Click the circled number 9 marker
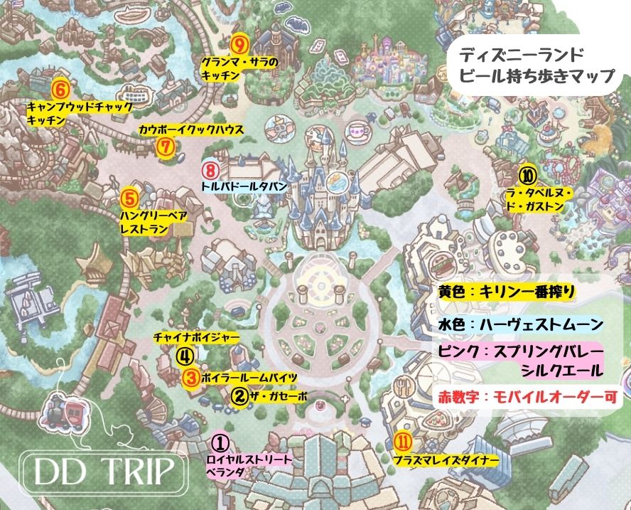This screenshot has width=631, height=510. pyautogui.click(x=239, y=45)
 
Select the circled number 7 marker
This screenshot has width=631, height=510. pyautogui.click(x=164, y=147)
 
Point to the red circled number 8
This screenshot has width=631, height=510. pyautogui.click(x=210, y=171)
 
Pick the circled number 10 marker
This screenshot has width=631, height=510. pyautogui.click(x=527, y=174)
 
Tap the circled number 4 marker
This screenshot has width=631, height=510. pyautogui.click(x=183, y=354)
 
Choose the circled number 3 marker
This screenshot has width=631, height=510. pyautogui.click(x=190, y=378)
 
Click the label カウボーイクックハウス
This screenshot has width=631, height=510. pyautogui.click(x=191, y=131)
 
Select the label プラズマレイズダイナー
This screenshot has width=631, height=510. pyautogui.click(x=443, y=461)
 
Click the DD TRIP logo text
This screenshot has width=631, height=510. pyautogui.click(x=99, y=469)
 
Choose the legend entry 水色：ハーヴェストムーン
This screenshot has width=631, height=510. pyautogui.click(x=521, y=324)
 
